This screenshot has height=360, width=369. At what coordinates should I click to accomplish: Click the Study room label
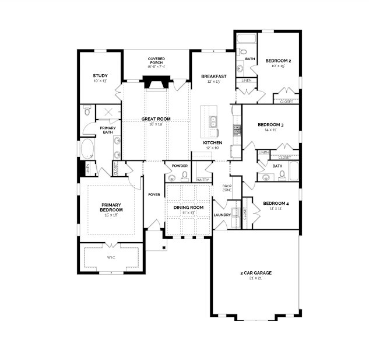(100, 75)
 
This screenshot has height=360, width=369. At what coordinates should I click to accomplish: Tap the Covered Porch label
(156, 59)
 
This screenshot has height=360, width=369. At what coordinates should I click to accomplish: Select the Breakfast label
(214, 76)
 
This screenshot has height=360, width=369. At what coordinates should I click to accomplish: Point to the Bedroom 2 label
(278, 61)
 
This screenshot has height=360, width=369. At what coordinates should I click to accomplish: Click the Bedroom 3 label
(270, 124)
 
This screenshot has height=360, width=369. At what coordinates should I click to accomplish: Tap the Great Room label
(156, 119)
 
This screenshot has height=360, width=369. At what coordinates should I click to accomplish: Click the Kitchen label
(212, 143)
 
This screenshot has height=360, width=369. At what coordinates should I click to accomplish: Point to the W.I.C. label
(111, 257)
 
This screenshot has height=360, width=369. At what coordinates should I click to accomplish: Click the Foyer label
(154, 194)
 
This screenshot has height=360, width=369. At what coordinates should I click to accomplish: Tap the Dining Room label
(188, 207)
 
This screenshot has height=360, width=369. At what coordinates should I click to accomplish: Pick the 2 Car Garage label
(255, 272)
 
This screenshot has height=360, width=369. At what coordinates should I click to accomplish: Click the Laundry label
(222, 215)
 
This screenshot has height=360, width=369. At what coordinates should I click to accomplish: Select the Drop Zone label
(227, 188)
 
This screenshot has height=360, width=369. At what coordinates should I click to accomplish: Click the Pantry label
(202, 180)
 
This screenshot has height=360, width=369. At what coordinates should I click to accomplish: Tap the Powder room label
(180, 165)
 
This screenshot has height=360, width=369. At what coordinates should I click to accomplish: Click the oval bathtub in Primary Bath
(87, 149)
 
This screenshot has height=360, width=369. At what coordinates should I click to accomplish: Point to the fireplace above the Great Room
(156, 83)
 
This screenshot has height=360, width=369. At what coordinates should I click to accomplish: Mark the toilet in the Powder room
(185, 175)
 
